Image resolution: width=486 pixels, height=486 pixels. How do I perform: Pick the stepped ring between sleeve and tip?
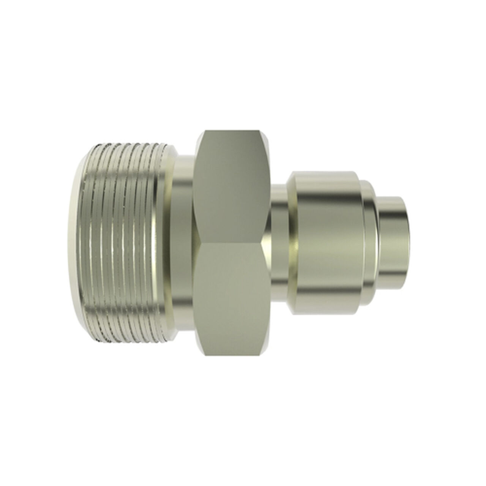pyautogui.click(x=370, y=243)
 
